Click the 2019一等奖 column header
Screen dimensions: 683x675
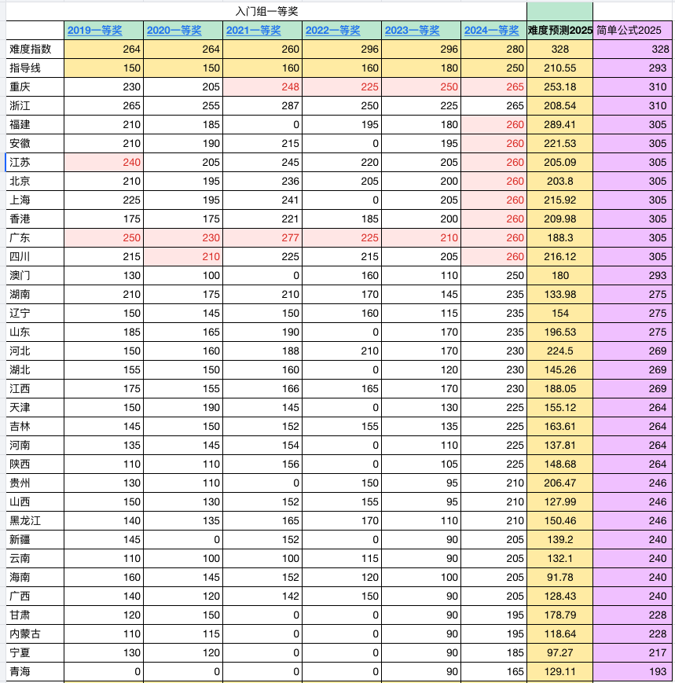(x=95, y=31)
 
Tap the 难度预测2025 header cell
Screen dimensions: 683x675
(x=559, y=31)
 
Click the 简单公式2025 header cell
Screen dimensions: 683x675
(x=629, y=31)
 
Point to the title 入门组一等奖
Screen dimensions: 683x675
(x=266, y=10)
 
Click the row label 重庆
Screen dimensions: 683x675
(x=20, y=86)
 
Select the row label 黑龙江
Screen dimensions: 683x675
(x=26, y=520)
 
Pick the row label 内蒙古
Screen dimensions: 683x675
(x=26, y=633)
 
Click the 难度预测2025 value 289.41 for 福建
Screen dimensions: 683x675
(x=559, y=124)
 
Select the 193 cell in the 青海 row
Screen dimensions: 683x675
(x=658, y=671)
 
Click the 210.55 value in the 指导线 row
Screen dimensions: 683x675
(x=559, y=68)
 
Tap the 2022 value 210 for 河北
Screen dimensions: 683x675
(x=369, y=351)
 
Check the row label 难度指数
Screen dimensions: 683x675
(x=31, y=49)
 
